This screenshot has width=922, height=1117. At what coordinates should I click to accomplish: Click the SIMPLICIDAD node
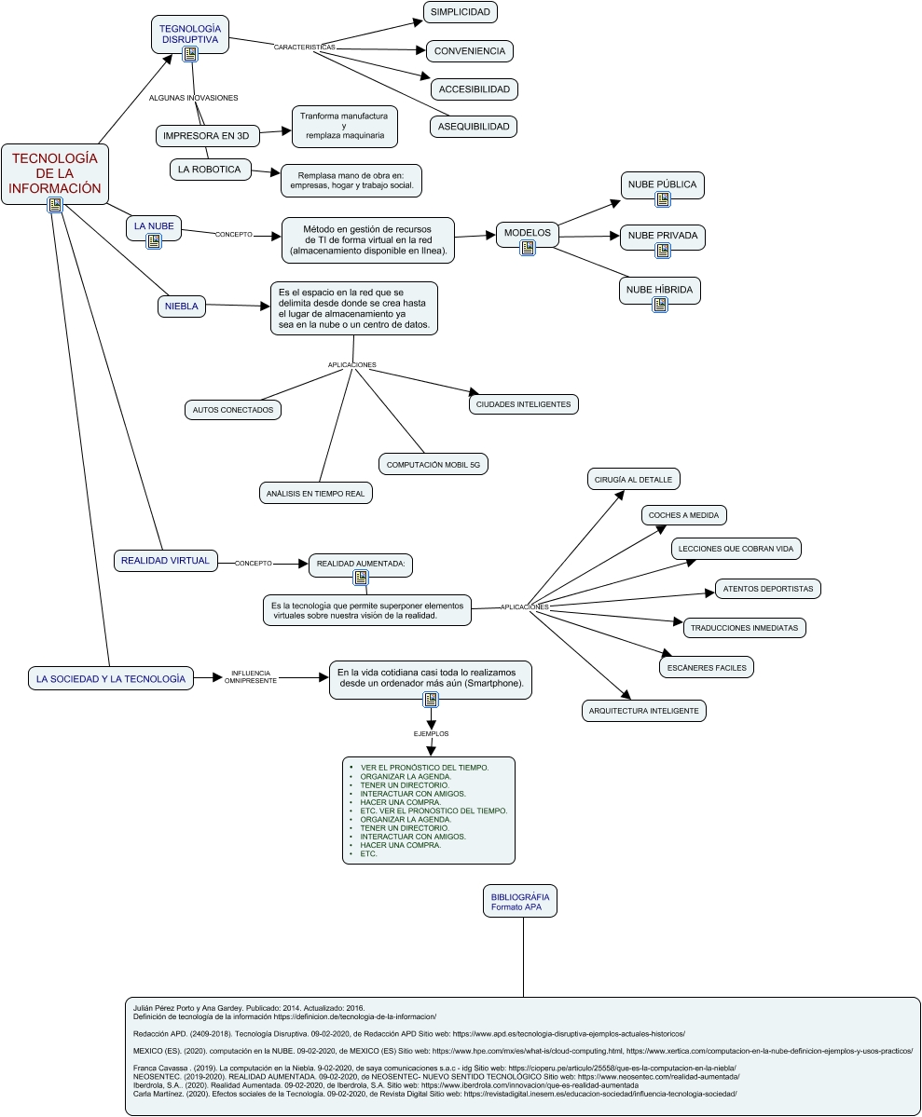460,12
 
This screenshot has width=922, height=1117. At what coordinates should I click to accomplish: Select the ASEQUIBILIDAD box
474,126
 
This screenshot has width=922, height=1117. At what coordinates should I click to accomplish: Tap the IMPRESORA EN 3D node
206,136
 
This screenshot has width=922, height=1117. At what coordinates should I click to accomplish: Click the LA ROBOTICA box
210,170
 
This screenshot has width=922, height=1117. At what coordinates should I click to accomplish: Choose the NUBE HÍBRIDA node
659,290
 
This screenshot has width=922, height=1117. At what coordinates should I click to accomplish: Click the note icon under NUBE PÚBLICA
663,199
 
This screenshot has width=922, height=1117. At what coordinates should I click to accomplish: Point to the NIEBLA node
182,306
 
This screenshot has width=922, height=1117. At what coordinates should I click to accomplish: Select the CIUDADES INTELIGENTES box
525,404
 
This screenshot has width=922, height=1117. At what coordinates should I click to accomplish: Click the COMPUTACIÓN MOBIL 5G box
433,464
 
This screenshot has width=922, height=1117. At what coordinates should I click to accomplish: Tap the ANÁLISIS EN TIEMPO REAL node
315,493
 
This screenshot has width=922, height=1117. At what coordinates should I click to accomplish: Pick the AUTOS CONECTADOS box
232,409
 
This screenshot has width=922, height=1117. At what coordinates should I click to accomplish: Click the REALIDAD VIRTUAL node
165,561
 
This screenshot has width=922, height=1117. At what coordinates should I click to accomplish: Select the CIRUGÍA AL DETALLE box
634,479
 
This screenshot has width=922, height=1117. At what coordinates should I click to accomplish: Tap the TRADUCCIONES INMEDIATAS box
744,628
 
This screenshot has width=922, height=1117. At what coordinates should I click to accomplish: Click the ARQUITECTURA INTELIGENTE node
643,711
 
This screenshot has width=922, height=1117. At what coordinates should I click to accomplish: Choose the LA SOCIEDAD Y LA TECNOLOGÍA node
110,679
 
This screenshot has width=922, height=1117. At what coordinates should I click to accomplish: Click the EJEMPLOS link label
431,734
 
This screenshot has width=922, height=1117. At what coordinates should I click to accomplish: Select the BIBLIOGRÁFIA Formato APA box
519,902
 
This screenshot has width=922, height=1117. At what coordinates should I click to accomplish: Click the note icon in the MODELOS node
528,248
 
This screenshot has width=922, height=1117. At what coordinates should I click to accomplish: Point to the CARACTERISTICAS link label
304,47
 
